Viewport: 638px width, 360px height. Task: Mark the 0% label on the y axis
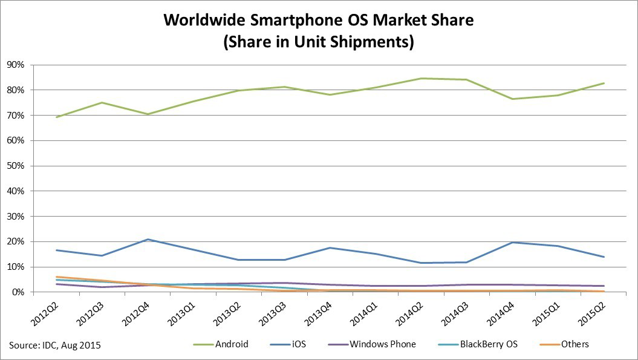click(x=18, y=292)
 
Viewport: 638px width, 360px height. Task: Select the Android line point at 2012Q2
click(x=56, y=117)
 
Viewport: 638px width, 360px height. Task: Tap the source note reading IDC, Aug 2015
click(x=54, y=345)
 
